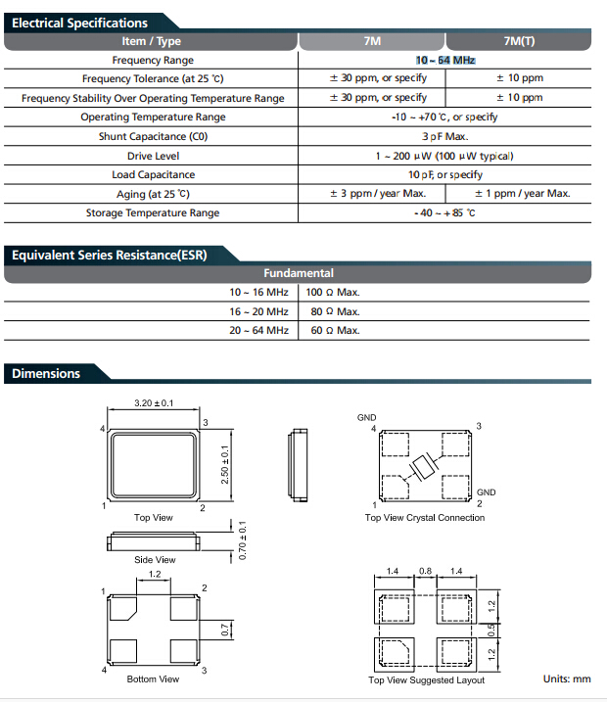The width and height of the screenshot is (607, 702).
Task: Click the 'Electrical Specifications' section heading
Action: pyautogui.click(x=79, y=23)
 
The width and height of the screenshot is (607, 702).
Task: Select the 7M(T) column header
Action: pyautogui.click(x=519, y=41)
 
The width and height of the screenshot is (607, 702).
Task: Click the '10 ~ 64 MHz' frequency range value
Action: pyautogui.click(x=444, y=61)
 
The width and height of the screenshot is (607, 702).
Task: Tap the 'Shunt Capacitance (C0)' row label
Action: pyautogui.click(x=153, y=137)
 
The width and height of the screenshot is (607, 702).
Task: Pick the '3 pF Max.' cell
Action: pyautogui.click(x=444, y=137)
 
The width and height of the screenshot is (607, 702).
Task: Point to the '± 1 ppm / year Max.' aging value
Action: pyautogui.click(x=521, y=194)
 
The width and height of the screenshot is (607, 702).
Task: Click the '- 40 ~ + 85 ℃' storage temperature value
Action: pyautogui.click(x=444, y=212)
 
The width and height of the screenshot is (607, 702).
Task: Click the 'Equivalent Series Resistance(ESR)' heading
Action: pyautogui.click(x=109, y=256)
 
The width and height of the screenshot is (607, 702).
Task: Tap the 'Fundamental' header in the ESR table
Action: pyautogui.click(x=299, y=274)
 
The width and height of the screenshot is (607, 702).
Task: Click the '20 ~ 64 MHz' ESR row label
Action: pyautogui.click(x=259, y=331)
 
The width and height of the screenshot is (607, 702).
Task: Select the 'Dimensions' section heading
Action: pyautogui.click(x=46, y=373)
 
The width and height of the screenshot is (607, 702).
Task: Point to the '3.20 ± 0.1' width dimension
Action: pyautogui.click(x=154, y=403)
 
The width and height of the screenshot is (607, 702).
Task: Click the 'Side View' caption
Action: pyautogui.click(x=155, y=560)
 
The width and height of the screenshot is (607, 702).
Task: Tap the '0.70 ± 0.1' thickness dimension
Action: pyautogui.click(x=243, y=540)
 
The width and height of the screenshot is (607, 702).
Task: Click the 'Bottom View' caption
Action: pyautogui.click(x=154, y=679)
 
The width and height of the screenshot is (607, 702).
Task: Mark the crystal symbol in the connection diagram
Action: pyautogui.click(x=426, y=467)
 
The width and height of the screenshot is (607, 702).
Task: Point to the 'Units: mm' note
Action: pyautogui.click(x=567, y=679)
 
